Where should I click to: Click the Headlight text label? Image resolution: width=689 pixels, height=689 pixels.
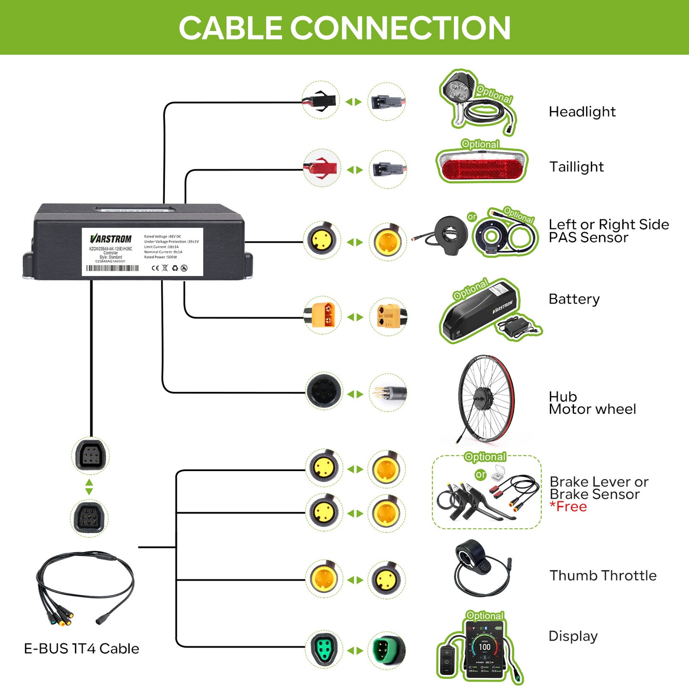coord(582,112)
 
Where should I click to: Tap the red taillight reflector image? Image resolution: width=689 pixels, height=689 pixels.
coord(482,168)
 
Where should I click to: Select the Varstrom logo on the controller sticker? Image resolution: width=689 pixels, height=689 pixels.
coord(111,238)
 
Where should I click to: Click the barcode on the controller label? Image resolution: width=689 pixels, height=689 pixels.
coord(113,268)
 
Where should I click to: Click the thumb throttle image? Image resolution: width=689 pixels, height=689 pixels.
coord(477,567)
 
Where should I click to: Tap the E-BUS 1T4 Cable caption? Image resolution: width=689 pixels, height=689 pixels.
coord(82,648)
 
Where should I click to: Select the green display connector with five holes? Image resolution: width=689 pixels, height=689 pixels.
coord(324,649)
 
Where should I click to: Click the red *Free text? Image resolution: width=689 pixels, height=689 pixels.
coord(568,507)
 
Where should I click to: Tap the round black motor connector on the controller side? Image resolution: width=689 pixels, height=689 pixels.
coord(324,392)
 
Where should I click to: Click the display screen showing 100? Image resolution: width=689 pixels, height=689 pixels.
coord(484,648)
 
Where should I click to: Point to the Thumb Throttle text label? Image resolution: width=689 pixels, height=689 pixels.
coord(603,576)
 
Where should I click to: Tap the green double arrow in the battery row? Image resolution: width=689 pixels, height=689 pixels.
coord(355,317)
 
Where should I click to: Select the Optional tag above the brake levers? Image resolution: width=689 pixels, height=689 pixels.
coord(485,457)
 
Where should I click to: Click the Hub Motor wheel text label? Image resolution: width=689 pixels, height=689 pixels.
coord(592,403)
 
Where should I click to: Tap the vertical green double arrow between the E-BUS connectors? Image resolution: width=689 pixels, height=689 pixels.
coord(89,487)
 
